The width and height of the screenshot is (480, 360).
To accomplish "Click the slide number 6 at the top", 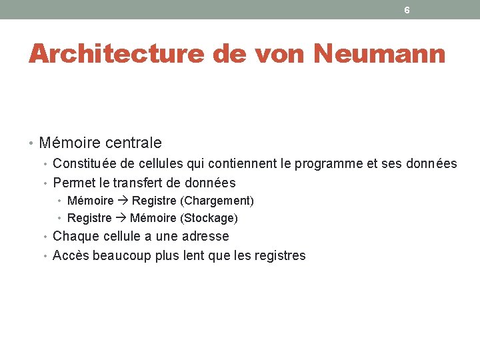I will (407, 10).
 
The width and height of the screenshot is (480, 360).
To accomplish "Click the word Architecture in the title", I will (116, 53).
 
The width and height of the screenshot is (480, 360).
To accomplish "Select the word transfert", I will (139, 183).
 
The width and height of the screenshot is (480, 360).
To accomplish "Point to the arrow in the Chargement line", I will (123, 201).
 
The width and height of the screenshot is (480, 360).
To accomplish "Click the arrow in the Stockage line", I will (121, 218).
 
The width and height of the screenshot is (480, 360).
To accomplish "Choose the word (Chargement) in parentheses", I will (217, 201).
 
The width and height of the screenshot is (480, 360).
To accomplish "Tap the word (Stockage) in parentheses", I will (209, 218).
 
